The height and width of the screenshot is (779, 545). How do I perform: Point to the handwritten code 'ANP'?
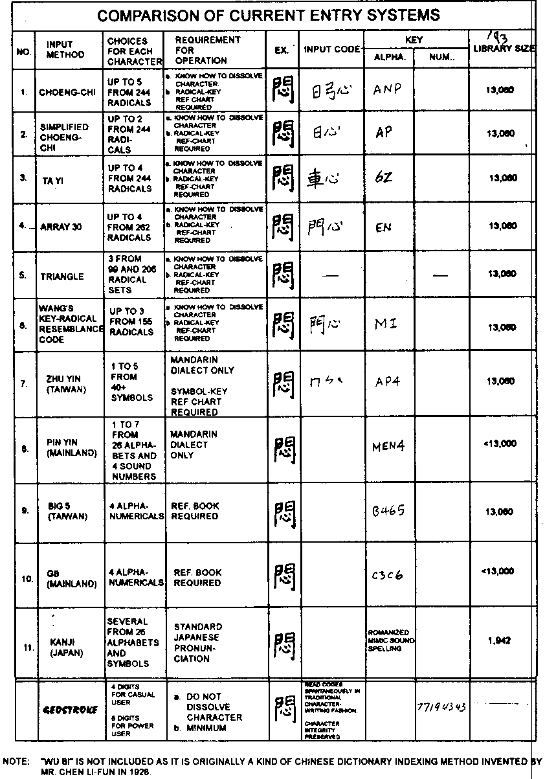tap(388, 90)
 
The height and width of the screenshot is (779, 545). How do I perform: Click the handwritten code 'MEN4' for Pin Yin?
tap(388, 447)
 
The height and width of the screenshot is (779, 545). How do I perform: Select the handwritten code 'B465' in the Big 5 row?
tap(388, 510)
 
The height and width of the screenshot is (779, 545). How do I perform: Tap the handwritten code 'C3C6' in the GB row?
tap(387, 574)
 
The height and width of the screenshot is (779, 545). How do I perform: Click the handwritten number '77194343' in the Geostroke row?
tap(441, 707)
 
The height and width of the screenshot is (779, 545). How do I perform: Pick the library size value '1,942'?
tap(500, 640)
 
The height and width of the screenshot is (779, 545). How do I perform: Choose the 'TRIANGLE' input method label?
tap(62, 277)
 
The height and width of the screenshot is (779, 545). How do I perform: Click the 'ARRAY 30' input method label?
tap(62, 227)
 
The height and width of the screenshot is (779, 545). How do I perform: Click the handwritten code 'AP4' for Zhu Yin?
tap(388, 382)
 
